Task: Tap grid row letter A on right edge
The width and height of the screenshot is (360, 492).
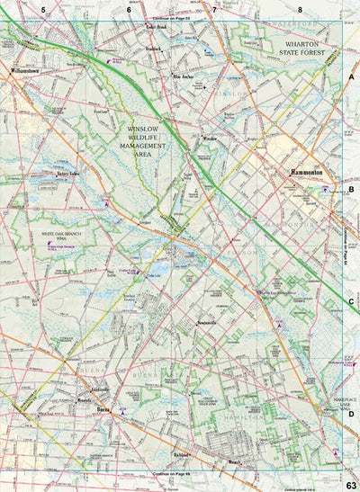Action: coord(351,79)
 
